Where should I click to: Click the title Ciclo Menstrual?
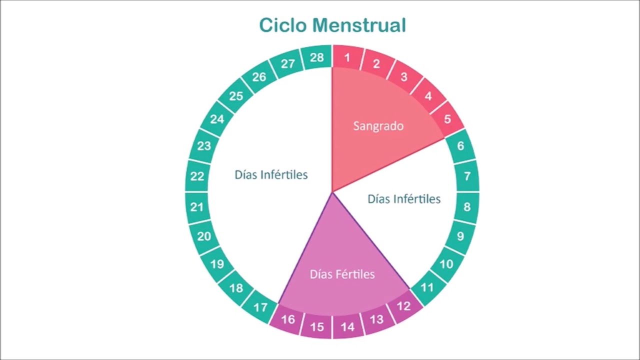(332, 25)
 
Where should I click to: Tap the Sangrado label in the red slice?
(378, 125)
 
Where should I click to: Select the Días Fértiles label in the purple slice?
(342, 274)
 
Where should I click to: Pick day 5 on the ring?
(447, 119)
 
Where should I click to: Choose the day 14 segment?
(347, 327)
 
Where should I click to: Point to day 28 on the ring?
(316, 57)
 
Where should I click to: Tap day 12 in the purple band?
(403, 306)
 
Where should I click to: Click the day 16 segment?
(288, 319)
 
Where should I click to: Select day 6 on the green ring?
(460, 146)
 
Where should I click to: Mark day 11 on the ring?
(426, 287)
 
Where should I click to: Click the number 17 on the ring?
(260, 306)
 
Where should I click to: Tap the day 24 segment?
(217, 119)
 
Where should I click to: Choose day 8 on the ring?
(467, 207)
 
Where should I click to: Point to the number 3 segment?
(404, 77)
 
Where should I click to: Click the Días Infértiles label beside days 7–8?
(404, 199)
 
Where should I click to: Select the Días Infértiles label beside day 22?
(271, 175)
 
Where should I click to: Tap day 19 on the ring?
(216, 263)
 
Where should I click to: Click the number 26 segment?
(259, 77)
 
